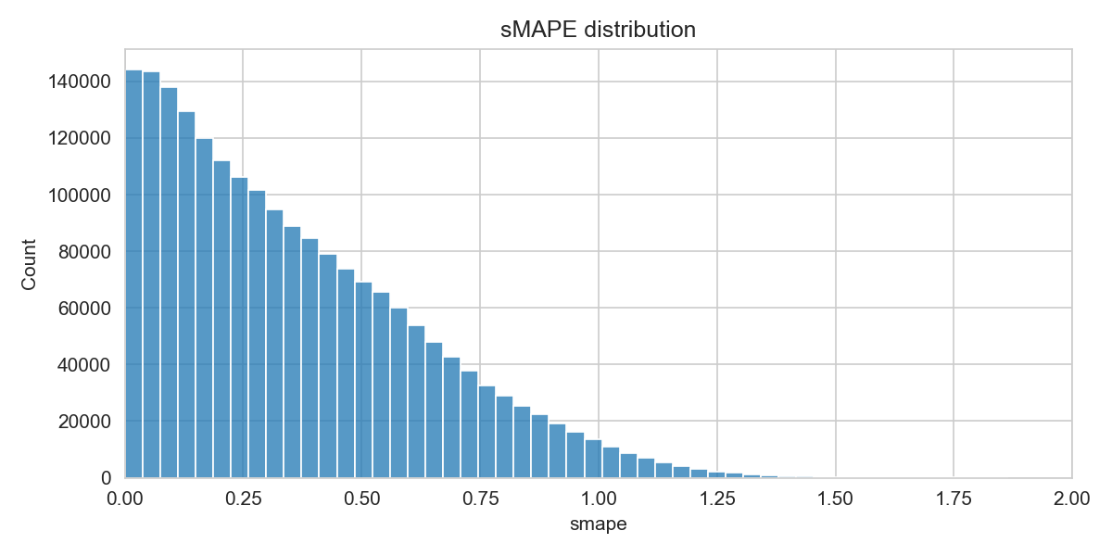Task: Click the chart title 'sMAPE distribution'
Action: (x=598, y=30)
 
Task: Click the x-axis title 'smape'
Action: (x=598, y=525)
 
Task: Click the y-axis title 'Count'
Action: (x=29, y=264)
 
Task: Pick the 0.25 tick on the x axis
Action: (x=243, y=499)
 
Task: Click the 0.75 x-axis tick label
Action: (x=480, y=499)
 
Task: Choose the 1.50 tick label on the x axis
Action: (x=836, y=499)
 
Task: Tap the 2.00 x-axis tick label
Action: (x=1072, y=499)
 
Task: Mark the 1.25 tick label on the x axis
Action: (x=717, y=499)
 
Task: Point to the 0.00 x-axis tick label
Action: (x=124, y=499)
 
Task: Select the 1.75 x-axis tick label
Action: (x=954, y=499)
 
